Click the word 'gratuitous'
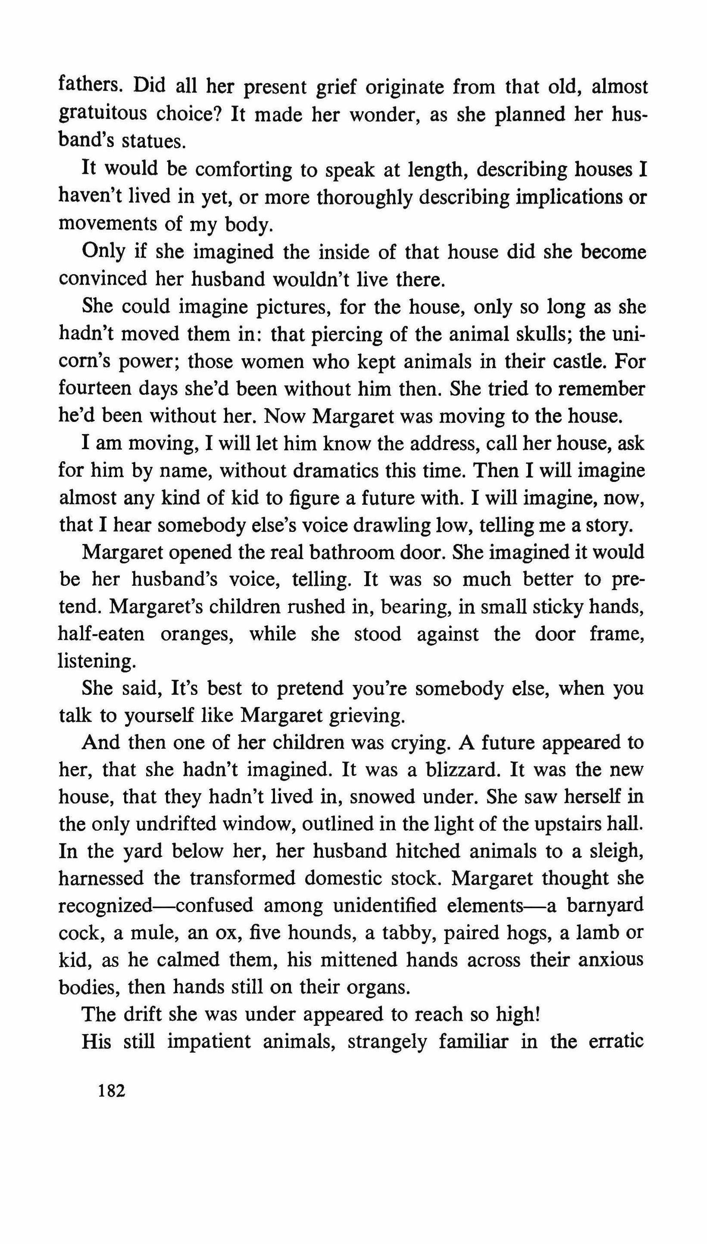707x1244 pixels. [x=103, y=114]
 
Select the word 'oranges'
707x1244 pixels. [x=197, y=635]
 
